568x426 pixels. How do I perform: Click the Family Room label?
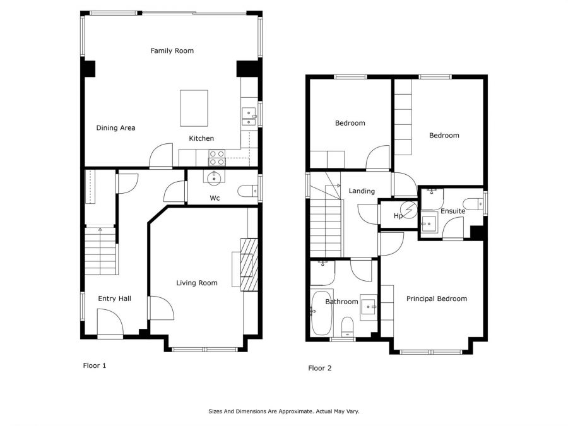pos(172,50)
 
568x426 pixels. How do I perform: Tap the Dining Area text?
pos(115,128)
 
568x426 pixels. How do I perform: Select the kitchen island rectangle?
pos(194,109)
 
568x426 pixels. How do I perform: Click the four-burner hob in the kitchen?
pos(216,158)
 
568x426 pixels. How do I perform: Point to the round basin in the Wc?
pos(214,177)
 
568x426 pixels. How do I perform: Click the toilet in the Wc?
pos(248,191)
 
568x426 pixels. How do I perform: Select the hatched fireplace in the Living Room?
pos(249,264)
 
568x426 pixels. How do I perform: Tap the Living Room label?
pos(197,283)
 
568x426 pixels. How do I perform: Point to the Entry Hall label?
pos(114,299)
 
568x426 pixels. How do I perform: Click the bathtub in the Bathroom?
pos(321,312)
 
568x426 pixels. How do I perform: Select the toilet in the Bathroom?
pos(347,326)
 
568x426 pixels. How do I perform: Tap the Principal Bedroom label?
pos(437,299)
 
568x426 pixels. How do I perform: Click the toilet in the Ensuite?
pos(473,204)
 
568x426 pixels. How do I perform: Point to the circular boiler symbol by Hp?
pos(409,210)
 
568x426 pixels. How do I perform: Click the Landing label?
pos(362,191)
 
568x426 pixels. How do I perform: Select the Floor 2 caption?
pos(319,368)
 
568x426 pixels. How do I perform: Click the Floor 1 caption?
pos(95,365)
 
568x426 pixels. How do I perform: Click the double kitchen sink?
pos(249,117)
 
